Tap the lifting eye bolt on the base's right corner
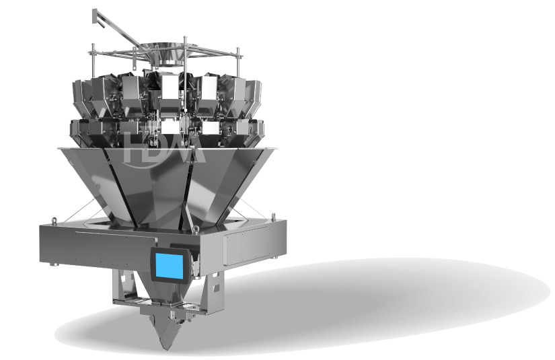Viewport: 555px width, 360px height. [273, 216]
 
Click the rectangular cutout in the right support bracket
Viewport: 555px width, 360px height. [214, 286]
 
